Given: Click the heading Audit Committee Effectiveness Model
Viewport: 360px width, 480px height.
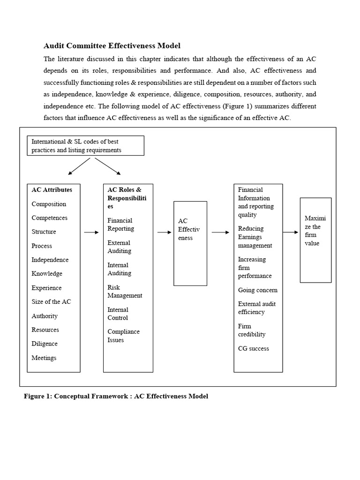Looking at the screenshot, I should pyautogui.click(x=112, y=45).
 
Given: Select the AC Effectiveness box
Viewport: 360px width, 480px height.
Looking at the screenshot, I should pyautogui.click(x=190, y=243).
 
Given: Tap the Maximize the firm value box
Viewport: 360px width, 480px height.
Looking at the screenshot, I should pyautogui.click(x=315, y=240).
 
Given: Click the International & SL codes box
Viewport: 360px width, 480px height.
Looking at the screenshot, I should pyautogui.click(x=85, y=146).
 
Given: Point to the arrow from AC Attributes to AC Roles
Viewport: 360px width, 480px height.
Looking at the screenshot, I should pyautogui.click(x=91, y=232).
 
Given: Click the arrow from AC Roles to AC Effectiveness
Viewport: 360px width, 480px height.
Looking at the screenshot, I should pyautogui.click(x=164, y=232).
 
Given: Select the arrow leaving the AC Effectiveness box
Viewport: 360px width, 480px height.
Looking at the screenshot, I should pyautogui.click(x=220, y=232).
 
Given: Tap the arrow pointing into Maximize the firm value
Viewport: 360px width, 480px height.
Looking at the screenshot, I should pyautogui.click(x=291, y=232).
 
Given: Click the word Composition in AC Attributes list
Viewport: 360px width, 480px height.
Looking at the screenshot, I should pyautogui.click(x=49, y=204).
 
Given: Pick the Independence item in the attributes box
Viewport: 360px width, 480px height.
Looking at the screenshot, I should pyautogui.click(x=50, y=260).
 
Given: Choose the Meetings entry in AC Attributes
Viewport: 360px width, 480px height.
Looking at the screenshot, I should pyautogui.click(x=44, y=358).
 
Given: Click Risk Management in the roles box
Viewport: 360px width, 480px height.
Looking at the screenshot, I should pyautogui.click(x=125, y=292).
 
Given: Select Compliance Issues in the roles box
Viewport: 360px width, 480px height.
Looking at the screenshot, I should pyautogui.click(x=123, y=336).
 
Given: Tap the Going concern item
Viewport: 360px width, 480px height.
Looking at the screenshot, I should pyautogui.click(x=257, y=290).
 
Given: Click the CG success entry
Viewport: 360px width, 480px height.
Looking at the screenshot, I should pyautogui.click(x=253, y=348).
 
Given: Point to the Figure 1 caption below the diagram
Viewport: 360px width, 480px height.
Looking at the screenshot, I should pyautogui.click(x=116, y=396).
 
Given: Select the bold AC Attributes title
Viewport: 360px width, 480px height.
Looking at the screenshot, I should pyautogui.click(x=52, y=190).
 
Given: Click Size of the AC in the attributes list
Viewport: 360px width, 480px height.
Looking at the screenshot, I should pyautogui.click(x=51, y=301).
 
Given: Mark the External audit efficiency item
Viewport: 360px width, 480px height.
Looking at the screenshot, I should pyautogui.click(x=256, y=308).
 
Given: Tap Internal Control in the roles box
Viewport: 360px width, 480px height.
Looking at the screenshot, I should pyautogui.click(x=118, y=314).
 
